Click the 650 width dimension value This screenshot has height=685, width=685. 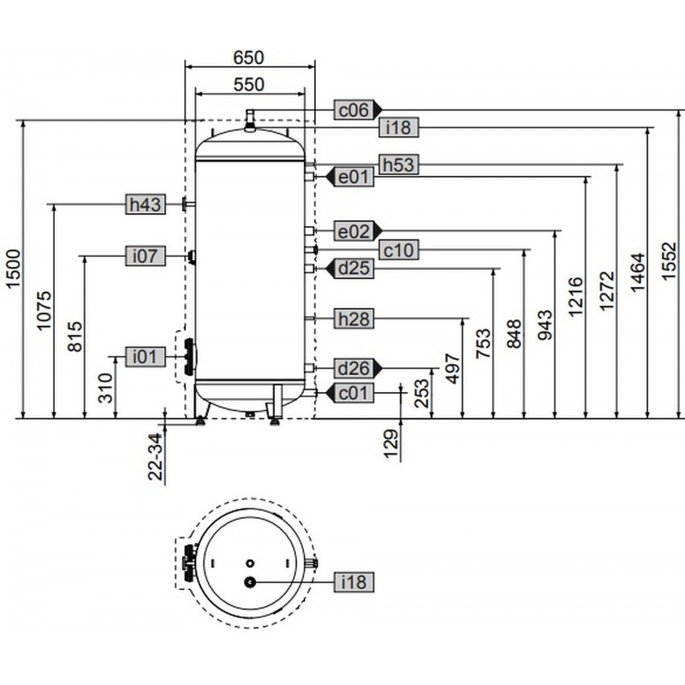[x=248, y=57]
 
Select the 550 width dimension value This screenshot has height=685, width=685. [x=248, y=84]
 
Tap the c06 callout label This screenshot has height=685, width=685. [x=358, y=110]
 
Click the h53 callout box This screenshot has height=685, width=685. [x=398, y=164]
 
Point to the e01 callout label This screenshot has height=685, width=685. [x=349, y=177]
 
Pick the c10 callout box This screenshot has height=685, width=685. [x=398, y=250]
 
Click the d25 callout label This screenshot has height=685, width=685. [x=349, y=268]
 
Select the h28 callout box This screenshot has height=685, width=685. [x=354, y=319]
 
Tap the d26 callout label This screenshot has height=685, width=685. [x=358, y=368]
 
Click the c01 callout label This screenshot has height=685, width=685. [x=349, y=393]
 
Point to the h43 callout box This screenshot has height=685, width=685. [x=146, y=204]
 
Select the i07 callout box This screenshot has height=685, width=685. [x=146, y=255]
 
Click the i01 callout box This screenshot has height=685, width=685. [x=146, y=356]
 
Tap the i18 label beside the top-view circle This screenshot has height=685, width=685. [x=354, y=582]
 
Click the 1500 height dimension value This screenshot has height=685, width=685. [x=13, y=268]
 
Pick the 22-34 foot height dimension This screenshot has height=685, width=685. [x=156, y=457]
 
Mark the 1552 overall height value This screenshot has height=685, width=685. [x=670, y=261]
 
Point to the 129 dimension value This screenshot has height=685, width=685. [x=391, y=444]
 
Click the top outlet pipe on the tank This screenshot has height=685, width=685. [x=250, y=120]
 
